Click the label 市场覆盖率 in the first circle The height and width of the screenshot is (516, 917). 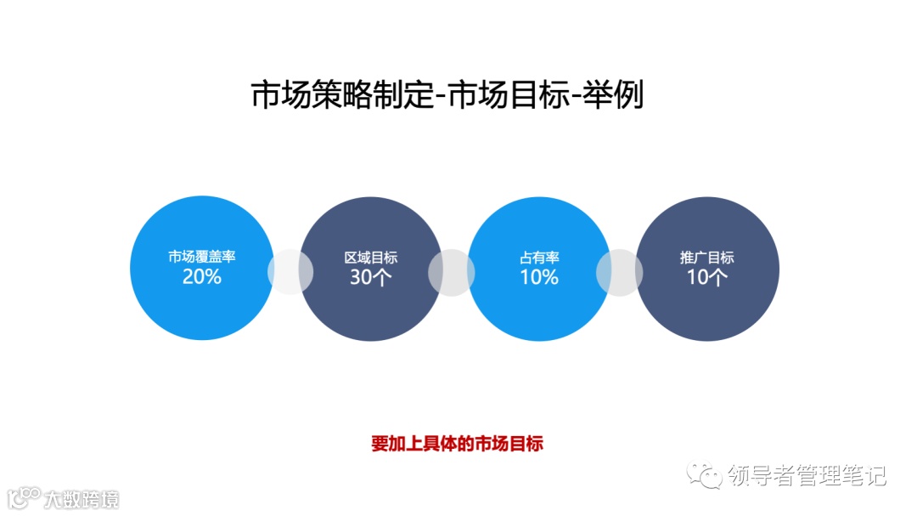point(201,258)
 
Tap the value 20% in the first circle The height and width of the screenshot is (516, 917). point(201,276)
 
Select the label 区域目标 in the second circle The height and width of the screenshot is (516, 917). point(370,258)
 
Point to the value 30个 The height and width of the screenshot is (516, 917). point(370,277)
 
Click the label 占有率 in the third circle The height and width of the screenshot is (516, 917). point(538,258)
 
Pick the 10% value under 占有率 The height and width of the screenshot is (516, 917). point(538,277)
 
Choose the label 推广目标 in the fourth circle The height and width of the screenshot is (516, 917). point(706,258)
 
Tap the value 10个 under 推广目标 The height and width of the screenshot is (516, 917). point(706,277)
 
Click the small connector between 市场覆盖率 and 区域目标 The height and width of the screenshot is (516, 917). point(290,272)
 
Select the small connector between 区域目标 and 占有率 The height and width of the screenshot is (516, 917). point(451,272)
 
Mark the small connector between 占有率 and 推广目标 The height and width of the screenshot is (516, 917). point(619,272)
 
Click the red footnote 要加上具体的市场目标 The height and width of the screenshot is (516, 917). point(457,444)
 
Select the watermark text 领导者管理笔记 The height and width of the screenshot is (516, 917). point(807,475)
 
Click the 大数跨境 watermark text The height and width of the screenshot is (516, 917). point(82,498)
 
